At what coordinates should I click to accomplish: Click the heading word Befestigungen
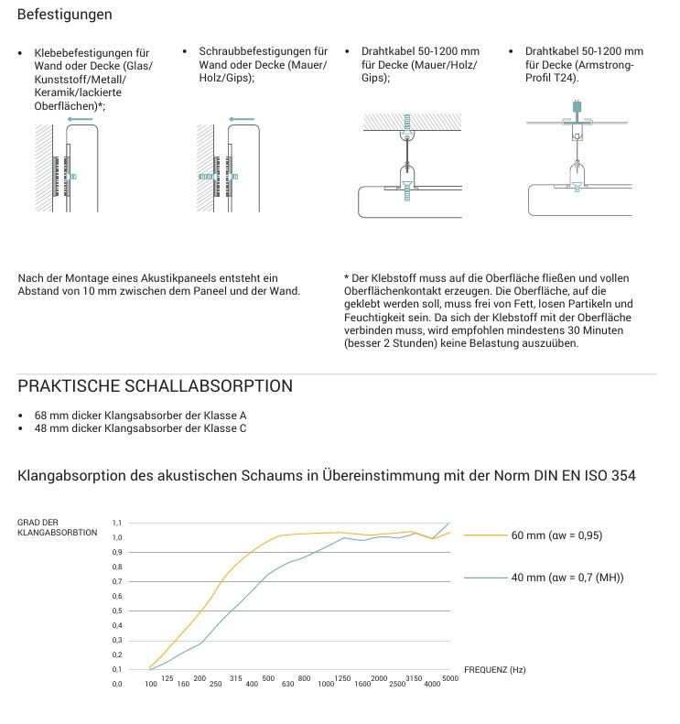(65, 16)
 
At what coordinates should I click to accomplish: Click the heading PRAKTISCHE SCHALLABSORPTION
(156, 386)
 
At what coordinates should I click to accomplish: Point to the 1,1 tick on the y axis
(117, 523)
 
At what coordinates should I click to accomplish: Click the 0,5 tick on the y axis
(117, 611)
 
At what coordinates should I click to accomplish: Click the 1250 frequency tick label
(342, 677)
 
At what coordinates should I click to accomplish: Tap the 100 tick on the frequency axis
(151, 685)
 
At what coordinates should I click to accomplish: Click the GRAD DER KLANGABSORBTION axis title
(57, 527)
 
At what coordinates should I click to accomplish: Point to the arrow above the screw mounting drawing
(242, 119)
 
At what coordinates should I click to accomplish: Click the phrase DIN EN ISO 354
(582, 476)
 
